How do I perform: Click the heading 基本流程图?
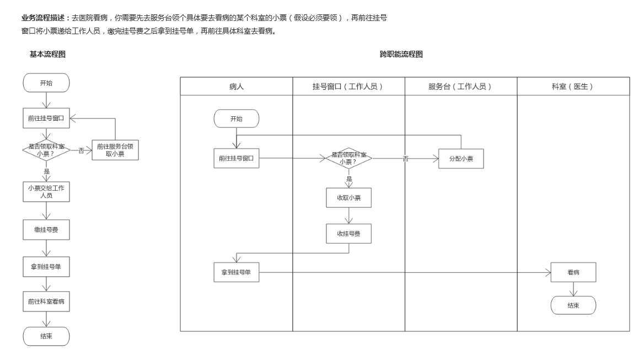tap(49, 54)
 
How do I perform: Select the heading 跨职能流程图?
tap(401, 54)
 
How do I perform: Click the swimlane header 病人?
tap(237, 87)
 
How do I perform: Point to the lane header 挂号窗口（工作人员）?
tap(348, 87)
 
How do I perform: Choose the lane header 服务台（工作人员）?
tap(461, 87)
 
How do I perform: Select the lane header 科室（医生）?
tap(573, 87)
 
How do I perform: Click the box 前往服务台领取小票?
tap(115, 150)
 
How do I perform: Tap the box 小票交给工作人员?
tap(46, 191)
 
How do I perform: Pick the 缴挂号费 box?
tap(46, 229)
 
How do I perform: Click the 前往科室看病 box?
tap(46, 302)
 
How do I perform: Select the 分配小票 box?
tap(461, 159)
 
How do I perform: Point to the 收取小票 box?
tap(348, 197)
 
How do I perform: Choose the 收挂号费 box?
tap(348, 234)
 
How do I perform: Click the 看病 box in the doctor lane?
tap(573, 272)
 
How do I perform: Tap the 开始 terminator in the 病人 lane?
tap(236, 119)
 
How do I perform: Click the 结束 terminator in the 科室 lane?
tap(573, 305)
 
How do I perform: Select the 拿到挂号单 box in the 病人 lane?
tap(237, 272)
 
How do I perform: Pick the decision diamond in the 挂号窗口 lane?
tap(348, 159)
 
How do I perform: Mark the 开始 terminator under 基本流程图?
tap(46, 83)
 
